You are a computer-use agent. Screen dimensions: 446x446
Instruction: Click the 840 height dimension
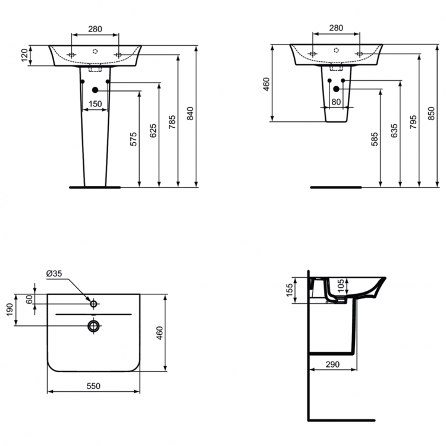[x=190, y=113]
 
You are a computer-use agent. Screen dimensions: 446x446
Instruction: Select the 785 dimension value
[x=171, y=121]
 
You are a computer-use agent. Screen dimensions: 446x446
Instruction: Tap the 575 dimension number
[x=133, y=139]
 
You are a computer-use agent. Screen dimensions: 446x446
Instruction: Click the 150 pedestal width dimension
[x=95, y=105]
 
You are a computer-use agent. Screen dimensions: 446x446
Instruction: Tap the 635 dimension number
[x=394, y=131]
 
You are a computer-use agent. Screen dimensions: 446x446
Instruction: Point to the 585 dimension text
[x=374, y=139]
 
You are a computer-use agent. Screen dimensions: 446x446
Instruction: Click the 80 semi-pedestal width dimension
[x=336, y=102]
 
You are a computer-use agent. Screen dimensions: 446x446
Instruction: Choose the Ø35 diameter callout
[x=54, y=274]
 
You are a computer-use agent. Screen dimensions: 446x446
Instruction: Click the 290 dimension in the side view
[x=332, y=364]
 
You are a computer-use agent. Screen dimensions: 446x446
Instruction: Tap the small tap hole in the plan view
[x=93, y=304]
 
